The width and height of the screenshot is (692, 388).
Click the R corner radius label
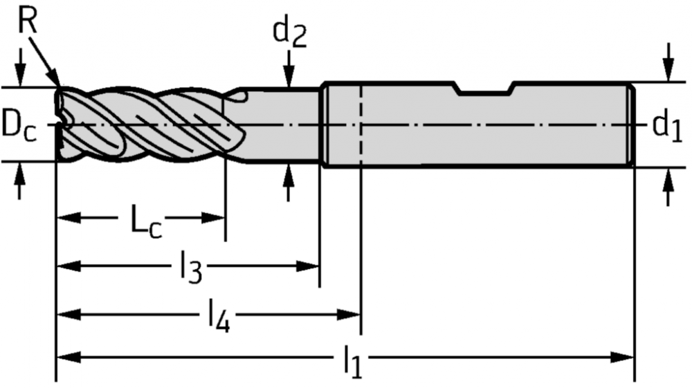pyautogui.click(x=28, y=20)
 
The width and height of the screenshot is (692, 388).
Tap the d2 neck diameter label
pyautogui.click(x=289, y=33)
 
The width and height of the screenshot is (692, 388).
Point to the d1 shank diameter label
pyautogui.click(x=667, y=126)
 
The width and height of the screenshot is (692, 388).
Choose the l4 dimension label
pyautogui.click(x=219, y=316)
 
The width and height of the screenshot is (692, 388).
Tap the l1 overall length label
pyautogui.click(x=353, y=361)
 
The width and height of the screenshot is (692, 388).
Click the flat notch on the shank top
pyautogui.click(x=486, y=89)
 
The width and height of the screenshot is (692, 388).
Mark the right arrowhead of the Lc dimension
pyautogui.click(x=213, y=217)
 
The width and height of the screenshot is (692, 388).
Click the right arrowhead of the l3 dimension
pyautogui.click(x=307, y=266)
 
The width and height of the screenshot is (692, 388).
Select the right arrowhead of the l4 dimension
pyautogui.click(x=349, y=315)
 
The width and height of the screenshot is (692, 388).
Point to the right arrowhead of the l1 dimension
pyautogui.click(x=622, y=357)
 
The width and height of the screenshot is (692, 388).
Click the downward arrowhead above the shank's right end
pyautogui.click(x=669, y=71)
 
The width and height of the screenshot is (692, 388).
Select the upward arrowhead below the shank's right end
pyautogui.click(x=669, y=179)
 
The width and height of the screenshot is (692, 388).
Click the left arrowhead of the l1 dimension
pyautogui.click(x=69, y=357)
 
